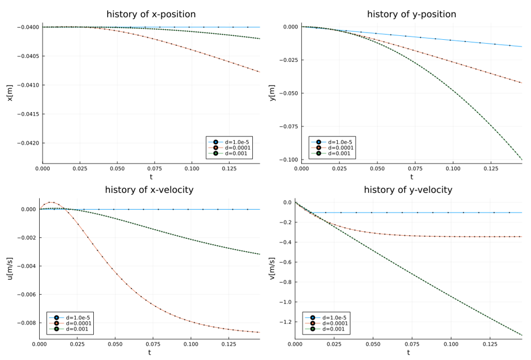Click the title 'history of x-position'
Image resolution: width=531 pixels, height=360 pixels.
(151, 14)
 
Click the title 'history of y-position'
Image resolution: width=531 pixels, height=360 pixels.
(411, 14)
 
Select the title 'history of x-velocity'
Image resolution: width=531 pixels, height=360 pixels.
(149, 190)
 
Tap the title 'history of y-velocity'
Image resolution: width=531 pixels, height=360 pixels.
(408, 190)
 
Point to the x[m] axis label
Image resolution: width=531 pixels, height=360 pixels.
(9, 93)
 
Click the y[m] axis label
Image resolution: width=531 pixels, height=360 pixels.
(271, 93)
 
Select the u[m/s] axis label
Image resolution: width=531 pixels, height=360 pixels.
(9, 268)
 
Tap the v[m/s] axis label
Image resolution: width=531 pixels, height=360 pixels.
(271, 268)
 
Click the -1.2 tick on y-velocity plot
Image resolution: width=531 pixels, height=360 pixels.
(285, 322)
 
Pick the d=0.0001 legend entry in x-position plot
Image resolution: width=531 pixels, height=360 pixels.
(232, 147)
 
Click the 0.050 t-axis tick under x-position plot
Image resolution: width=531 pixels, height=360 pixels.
(117, 168)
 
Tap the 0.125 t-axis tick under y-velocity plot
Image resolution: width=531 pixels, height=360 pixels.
(486, 344)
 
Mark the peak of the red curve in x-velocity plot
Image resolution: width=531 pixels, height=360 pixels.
(50, 202)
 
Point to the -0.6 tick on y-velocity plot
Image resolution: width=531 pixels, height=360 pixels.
(285, 262)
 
